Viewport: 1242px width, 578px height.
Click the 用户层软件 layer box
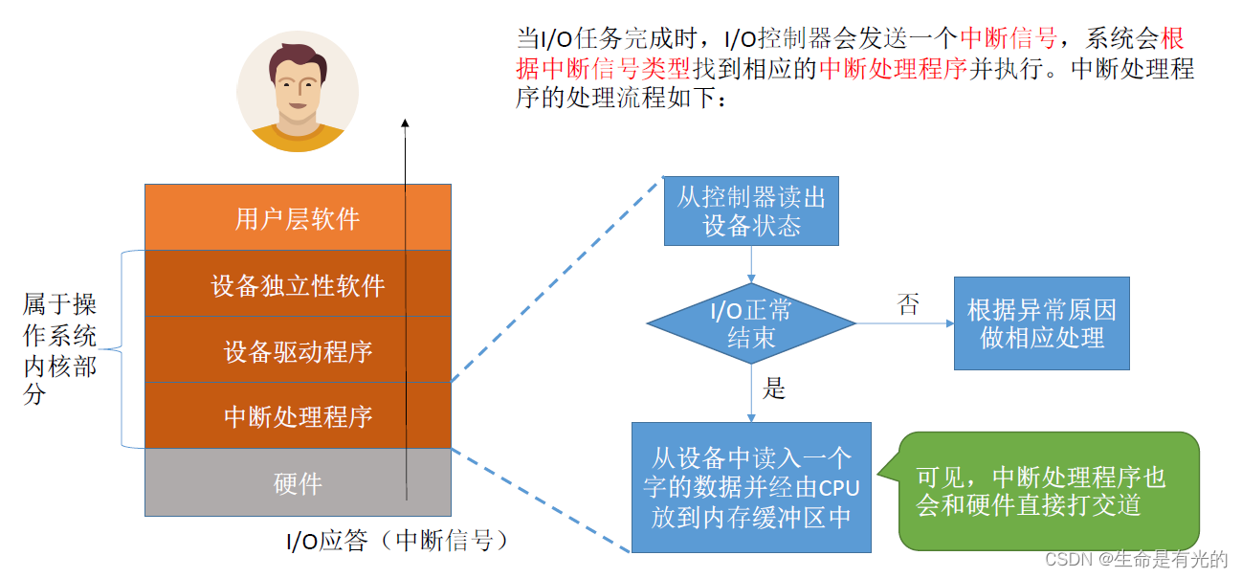(x=298, y=218)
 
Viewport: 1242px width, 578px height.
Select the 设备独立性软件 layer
(x=298, y=284)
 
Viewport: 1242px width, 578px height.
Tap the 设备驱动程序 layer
(x=298, y=351)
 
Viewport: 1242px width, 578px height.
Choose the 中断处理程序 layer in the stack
(x=298, y=416)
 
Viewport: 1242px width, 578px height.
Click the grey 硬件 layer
(x=298, y=483)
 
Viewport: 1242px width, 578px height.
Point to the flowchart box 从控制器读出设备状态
(x=751, y=211)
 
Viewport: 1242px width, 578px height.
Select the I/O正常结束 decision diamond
(x=751, y=323)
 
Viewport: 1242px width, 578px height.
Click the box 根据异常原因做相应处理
(x=1041, y=323)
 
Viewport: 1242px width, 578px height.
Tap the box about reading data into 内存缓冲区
(x=751, y=487)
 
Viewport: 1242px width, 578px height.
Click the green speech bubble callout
(x=1048, y=491)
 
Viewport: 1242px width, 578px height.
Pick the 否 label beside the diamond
(x=908, y=305)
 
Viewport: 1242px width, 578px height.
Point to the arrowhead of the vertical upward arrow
(x=405, y=123)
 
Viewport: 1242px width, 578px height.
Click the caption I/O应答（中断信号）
(x=396, y=542)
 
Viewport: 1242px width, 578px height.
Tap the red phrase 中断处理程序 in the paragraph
(x=894, y=69)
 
